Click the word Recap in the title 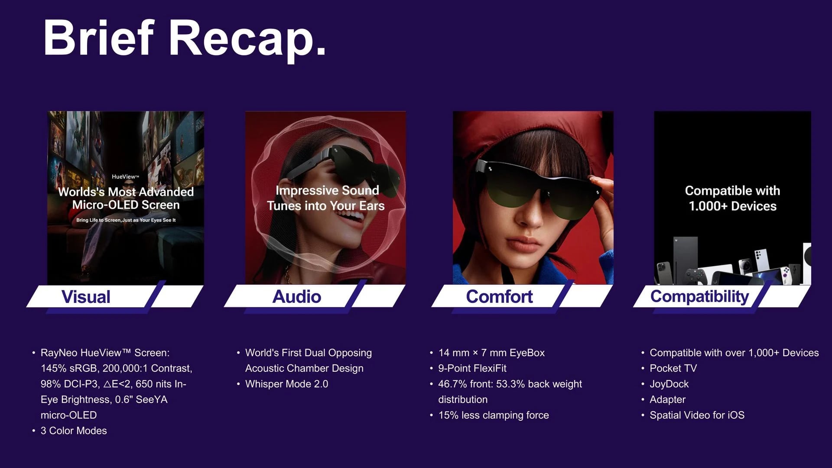tap(247, 39)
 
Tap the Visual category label tap(86, 297)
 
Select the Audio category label tap(297, 297)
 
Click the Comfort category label tap(499, 297)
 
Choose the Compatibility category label tap(699, 297)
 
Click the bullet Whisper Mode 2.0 tap(286, 384)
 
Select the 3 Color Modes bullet tap(74, 431)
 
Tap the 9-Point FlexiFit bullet tap(472, 368)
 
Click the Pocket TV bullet tap(673, 368)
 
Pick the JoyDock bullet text tap(669, 384)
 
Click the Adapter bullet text tap(667, 400)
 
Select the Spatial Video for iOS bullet tap(697, 415)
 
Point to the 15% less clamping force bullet tap(494, 415)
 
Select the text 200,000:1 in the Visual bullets tap(125, 368)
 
